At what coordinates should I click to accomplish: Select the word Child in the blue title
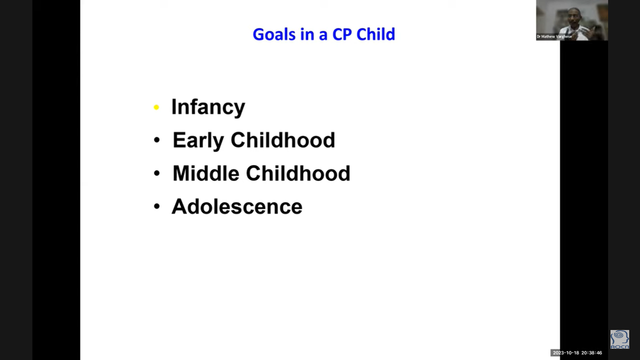(x=375, y=34)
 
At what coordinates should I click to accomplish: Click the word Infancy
(x=208, y=107)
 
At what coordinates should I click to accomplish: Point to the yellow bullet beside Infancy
(x=156, y=107)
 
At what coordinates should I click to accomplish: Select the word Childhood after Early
(x=282, y=140)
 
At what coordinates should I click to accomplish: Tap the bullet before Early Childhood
(x=156, y=140)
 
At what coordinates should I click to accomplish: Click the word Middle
(x=205, y=173)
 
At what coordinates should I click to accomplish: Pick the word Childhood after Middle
(x=298, y=173)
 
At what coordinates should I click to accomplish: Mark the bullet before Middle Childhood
(x=156, y=173)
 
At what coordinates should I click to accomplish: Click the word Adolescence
(x=237, y=206)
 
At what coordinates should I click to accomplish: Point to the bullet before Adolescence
(x=156, y=206)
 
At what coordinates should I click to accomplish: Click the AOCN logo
(x=619, y=339)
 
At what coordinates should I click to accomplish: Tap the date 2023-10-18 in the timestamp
(x=565, y=353)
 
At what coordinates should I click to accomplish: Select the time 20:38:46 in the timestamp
(x=591, y=353)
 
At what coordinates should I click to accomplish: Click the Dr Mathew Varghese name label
(x=554, y=36)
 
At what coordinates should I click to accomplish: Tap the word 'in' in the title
(x=308, y=34)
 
